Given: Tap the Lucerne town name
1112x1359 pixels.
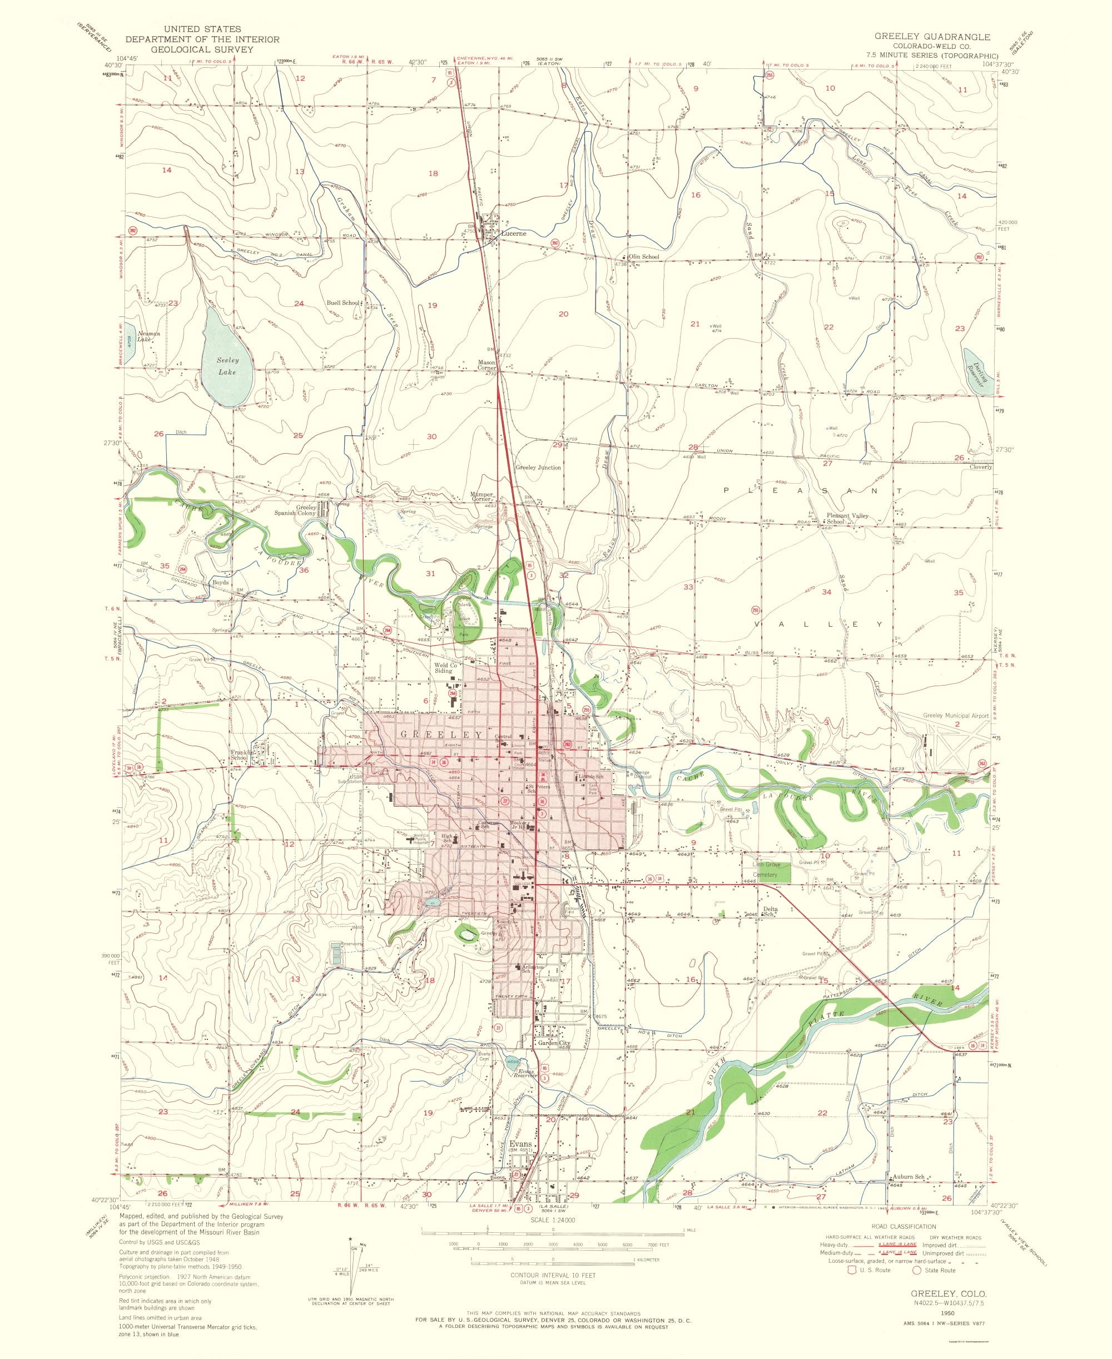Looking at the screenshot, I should pyautogui.click(x=513, y=234).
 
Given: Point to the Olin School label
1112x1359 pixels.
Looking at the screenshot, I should pyautogui.click(x=643, y=257).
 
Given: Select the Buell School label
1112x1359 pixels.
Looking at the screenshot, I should pyautogui.click(x=342, y=303).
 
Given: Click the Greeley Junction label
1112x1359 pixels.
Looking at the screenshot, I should pyautogui.click(x=538, y=468).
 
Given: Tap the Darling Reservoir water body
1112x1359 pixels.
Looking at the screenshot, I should pyautogui.click(x=978, y=373).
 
